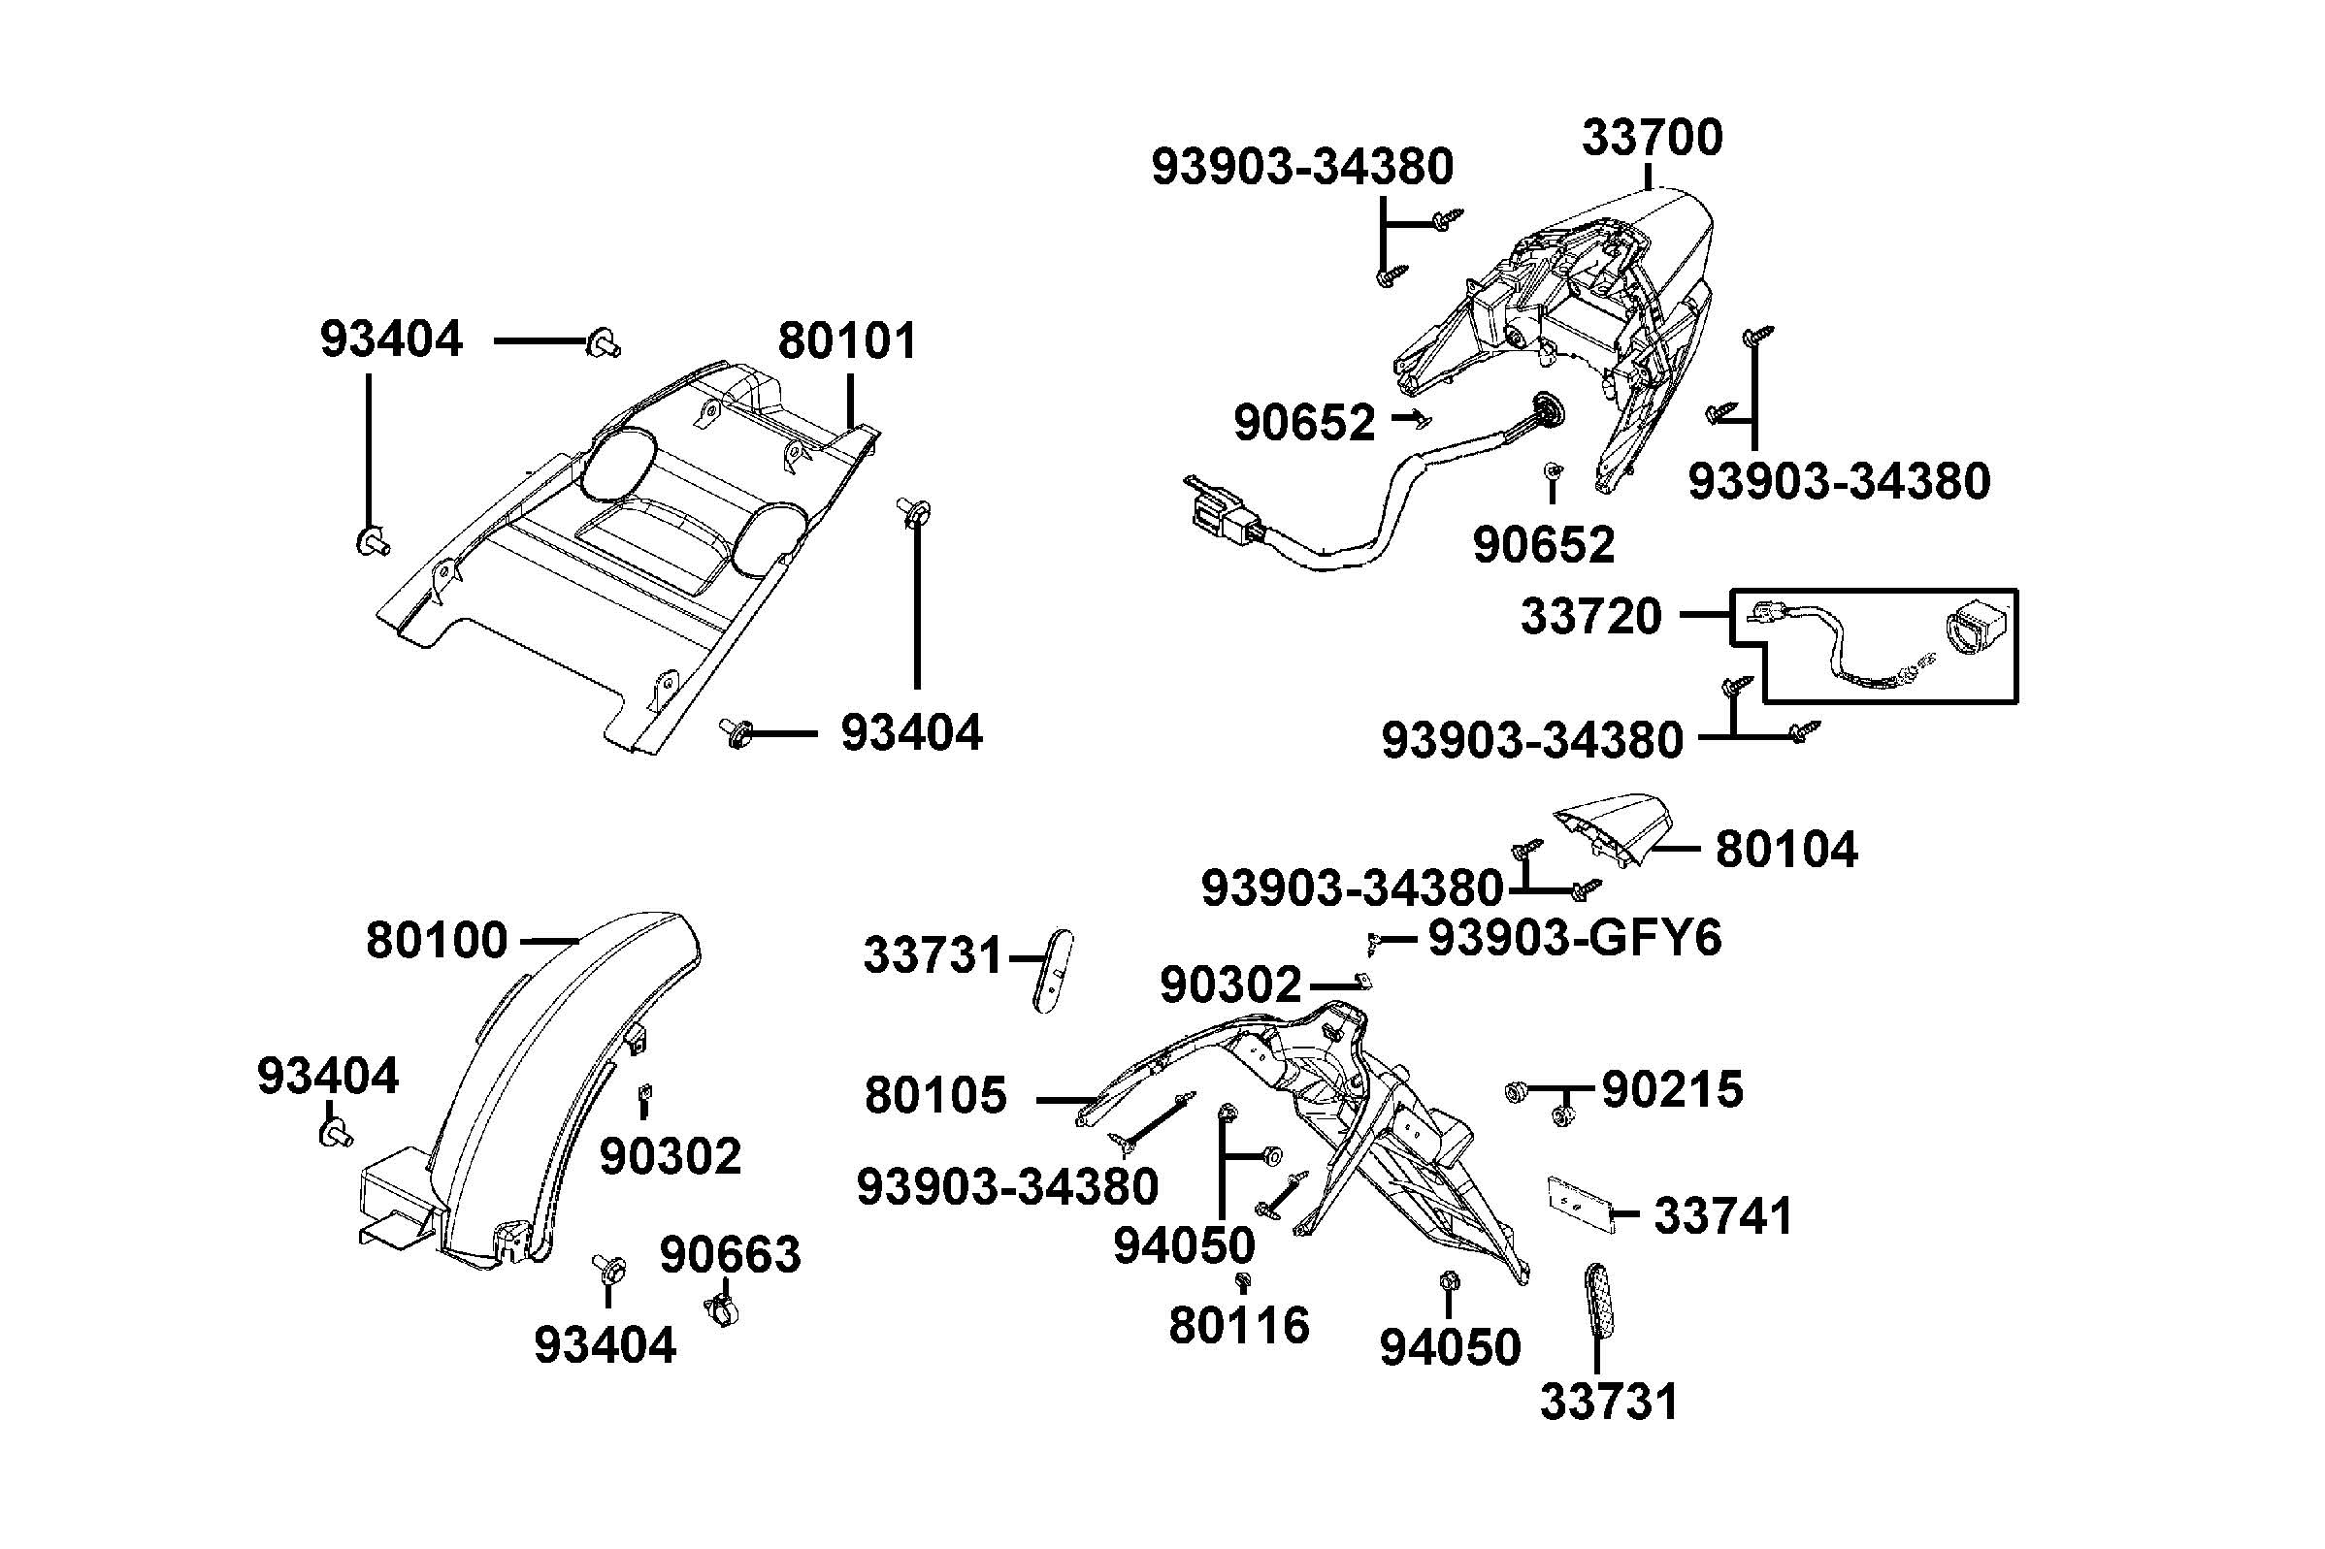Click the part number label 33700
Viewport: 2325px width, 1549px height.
(x=1652, y=139)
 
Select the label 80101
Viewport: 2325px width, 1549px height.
(x=847, y=340)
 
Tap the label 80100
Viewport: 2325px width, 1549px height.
(x=436, y=941)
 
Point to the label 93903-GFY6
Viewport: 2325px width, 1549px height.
(x=1575, y=938)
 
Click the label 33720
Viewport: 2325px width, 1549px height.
(x=1590, y=617)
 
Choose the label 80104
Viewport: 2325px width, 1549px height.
(x=1785, y=850)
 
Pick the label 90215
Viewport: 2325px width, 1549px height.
(x=1672, y=1089)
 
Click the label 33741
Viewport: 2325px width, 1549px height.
(x=1723, y=1216)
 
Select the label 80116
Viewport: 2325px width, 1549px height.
(x=1239, y=1326)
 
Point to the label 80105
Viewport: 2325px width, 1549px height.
(x=934, y=1096)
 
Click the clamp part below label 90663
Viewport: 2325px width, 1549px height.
(x=722, y=1311)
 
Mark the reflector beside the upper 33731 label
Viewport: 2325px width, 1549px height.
(x=1053, y=971)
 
